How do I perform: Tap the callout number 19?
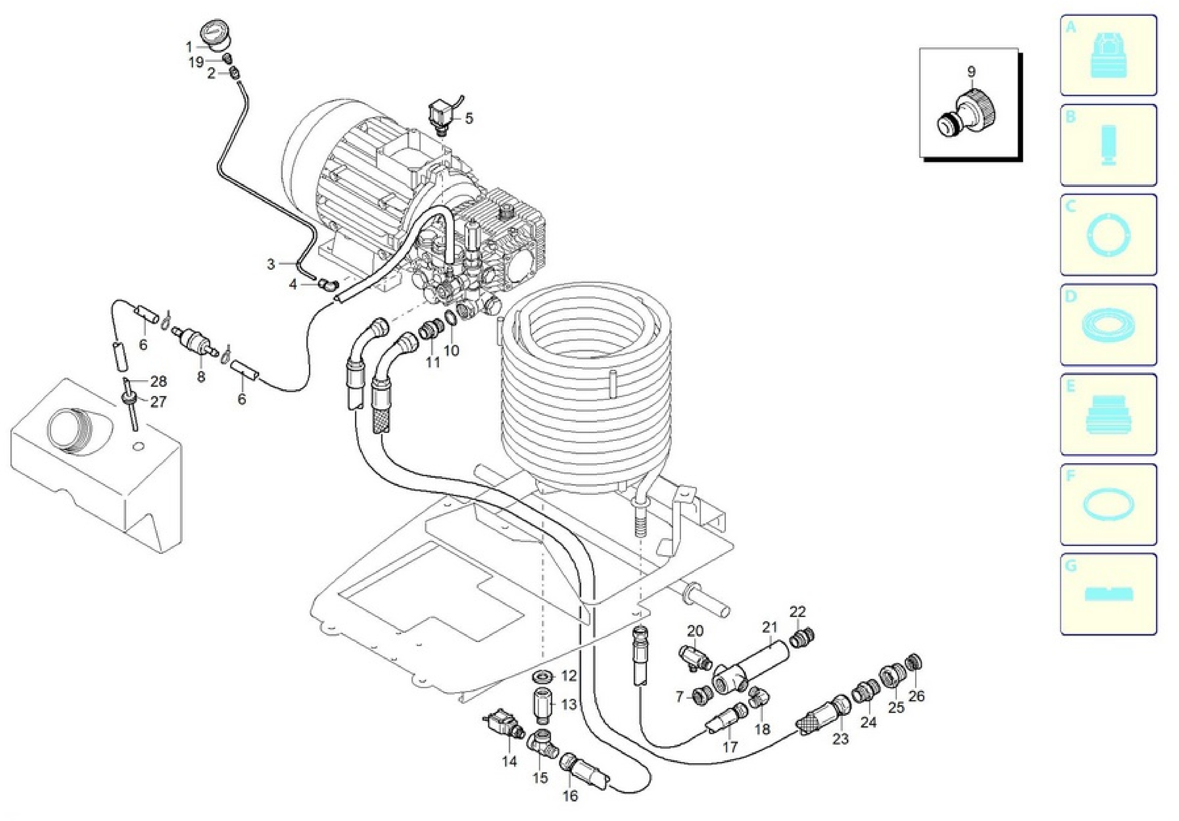click(197, 63)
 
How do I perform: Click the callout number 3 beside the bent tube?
click(271, 264)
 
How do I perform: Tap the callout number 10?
click(451, 351)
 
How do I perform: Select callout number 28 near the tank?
click(159, 381)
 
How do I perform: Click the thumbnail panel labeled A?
click(1109, 55)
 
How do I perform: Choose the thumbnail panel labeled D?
click(1109, 325)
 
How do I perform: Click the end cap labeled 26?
click(913, 662)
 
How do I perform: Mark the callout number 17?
click(730, 746)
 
